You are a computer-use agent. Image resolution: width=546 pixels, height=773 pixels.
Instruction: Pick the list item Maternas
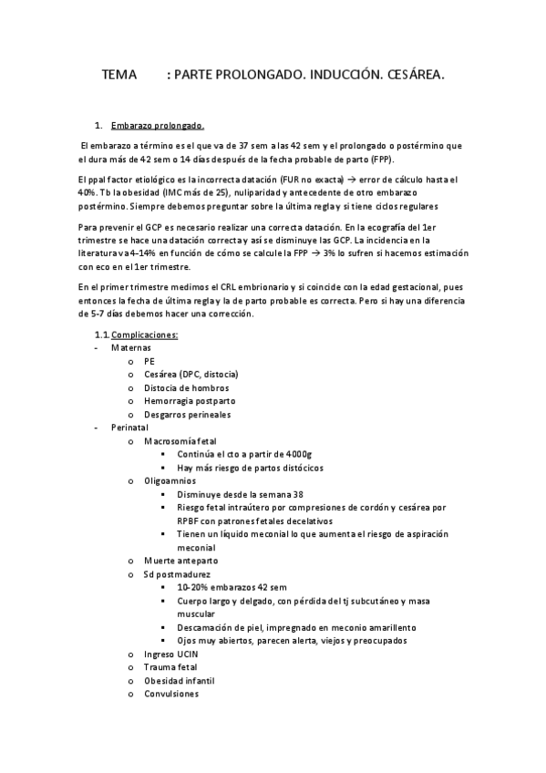[x=131, y=348]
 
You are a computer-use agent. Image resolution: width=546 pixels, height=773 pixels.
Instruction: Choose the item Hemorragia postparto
[x=190, y=400]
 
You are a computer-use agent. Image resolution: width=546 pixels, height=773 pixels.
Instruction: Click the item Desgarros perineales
[x=188, y=414]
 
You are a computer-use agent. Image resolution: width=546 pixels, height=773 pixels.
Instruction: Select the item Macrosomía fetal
[x=180, y=440]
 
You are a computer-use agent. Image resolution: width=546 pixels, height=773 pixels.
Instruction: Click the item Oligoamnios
[x=170, y=479]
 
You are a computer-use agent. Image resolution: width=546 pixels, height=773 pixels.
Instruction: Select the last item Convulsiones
[x=171, y=693]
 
